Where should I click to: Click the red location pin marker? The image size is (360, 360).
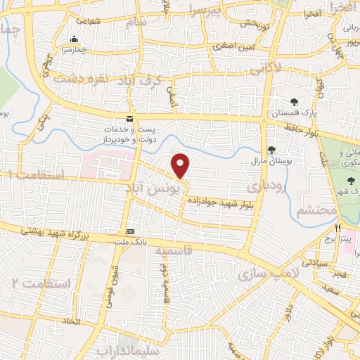[181, 165]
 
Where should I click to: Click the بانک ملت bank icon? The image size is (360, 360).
[131, 231]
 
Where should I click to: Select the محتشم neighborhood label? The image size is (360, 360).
[313, 210]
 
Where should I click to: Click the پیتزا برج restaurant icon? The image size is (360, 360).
[338, 229]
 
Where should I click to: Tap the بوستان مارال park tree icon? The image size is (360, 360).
[271, 149]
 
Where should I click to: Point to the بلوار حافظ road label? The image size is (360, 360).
[303, 129]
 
